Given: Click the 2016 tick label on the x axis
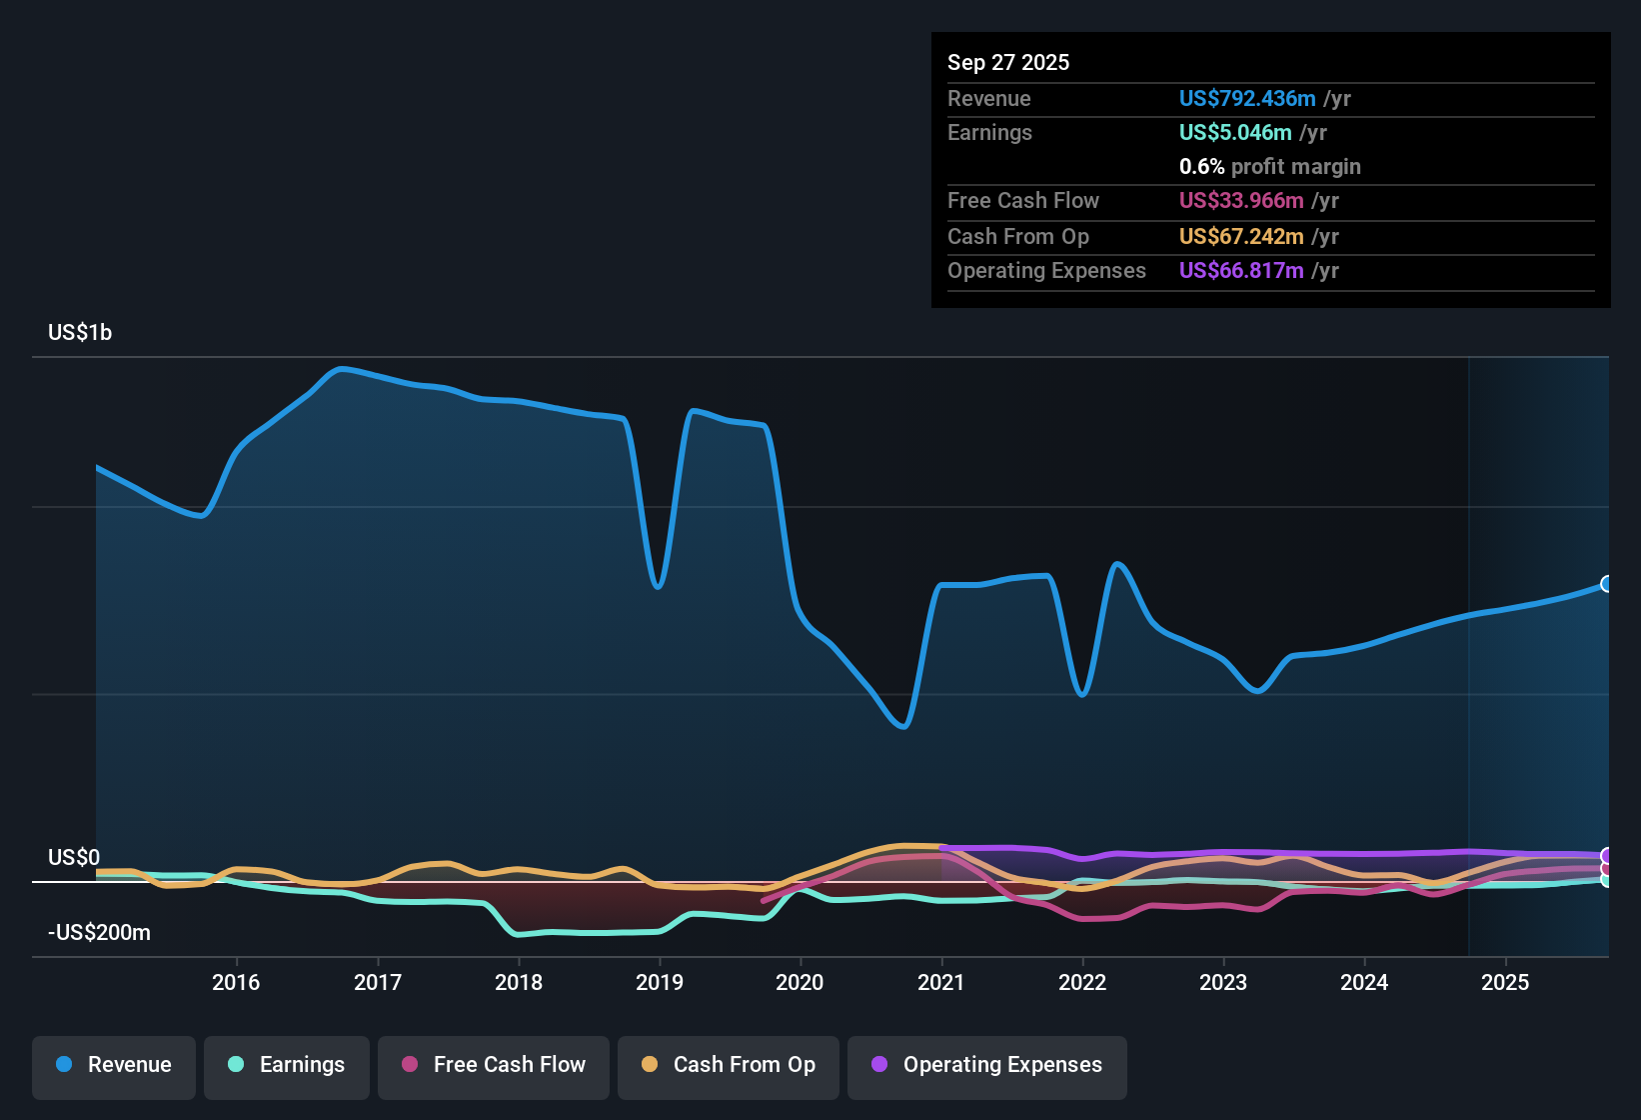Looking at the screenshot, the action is (236, 982).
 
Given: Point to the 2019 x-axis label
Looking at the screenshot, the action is (660, 982).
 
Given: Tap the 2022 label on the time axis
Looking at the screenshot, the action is (1082, 982).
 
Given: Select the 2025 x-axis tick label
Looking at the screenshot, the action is (1505, 982).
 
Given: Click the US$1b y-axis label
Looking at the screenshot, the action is (80, 333).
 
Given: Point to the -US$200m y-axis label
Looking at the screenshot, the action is (100, 932).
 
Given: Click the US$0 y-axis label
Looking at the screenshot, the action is (73, 857).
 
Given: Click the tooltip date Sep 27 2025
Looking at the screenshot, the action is (1008, 62).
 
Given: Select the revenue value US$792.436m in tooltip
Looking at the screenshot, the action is (1247, 98).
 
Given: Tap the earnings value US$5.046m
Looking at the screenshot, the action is (1235, 133).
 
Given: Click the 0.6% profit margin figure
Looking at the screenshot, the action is (1201, 166).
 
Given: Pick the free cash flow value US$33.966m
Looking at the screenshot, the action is (1241, 200).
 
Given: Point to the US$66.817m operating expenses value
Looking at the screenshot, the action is (1241, 270).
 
